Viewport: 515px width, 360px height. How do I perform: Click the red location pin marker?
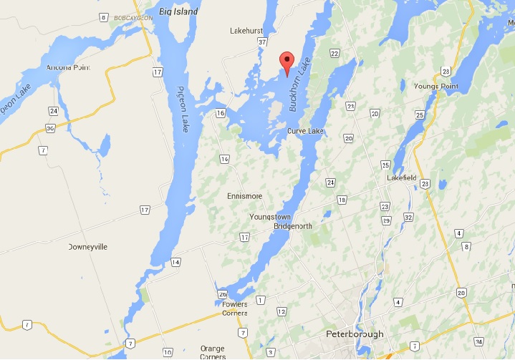(x=287, y=62)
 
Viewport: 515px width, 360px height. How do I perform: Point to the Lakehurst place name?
(x=248, y=31)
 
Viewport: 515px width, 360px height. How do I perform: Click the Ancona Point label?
(x=66, y=68)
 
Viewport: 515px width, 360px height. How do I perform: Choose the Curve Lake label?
(x=307, y=132)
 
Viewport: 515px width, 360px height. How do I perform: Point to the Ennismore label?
(x=244, y=196)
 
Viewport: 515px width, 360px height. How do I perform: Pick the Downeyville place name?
(x=87, y=246)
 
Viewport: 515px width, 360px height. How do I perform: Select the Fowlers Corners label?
(x=229, y=308)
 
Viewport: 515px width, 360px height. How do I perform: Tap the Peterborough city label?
(x=355, y=334)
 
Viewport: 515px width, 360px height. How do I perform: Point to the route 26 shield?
(x=223, y=294)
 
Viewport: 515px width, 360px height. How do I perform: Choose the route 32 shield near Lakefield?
(x=408, y=217)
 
